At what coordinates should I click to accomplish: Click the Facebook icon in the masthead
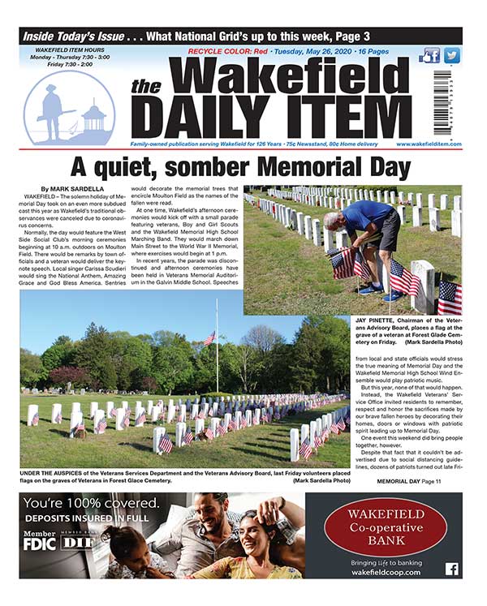pyautogui.click(x=431, y=55)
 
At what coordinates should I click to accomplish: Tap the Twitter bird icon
pyautogui.click(x=452, y=55)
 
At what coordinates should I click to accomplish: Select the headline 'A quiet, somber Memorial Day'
pyautogui.click(x=243, y=168)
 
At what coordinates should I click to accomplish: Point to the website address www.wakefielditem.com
pyautogui.click(x=429, y=144)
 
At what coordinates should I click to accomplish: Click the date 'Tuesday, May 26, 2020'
pyautogui.click(x=304, y=51)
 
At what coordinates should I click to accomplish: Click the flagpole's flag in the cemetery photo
pyautogui.click(x=209, y=337)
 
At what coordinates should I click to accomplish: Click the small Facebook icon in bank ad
pyautogui.click(x=451, y=569)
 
